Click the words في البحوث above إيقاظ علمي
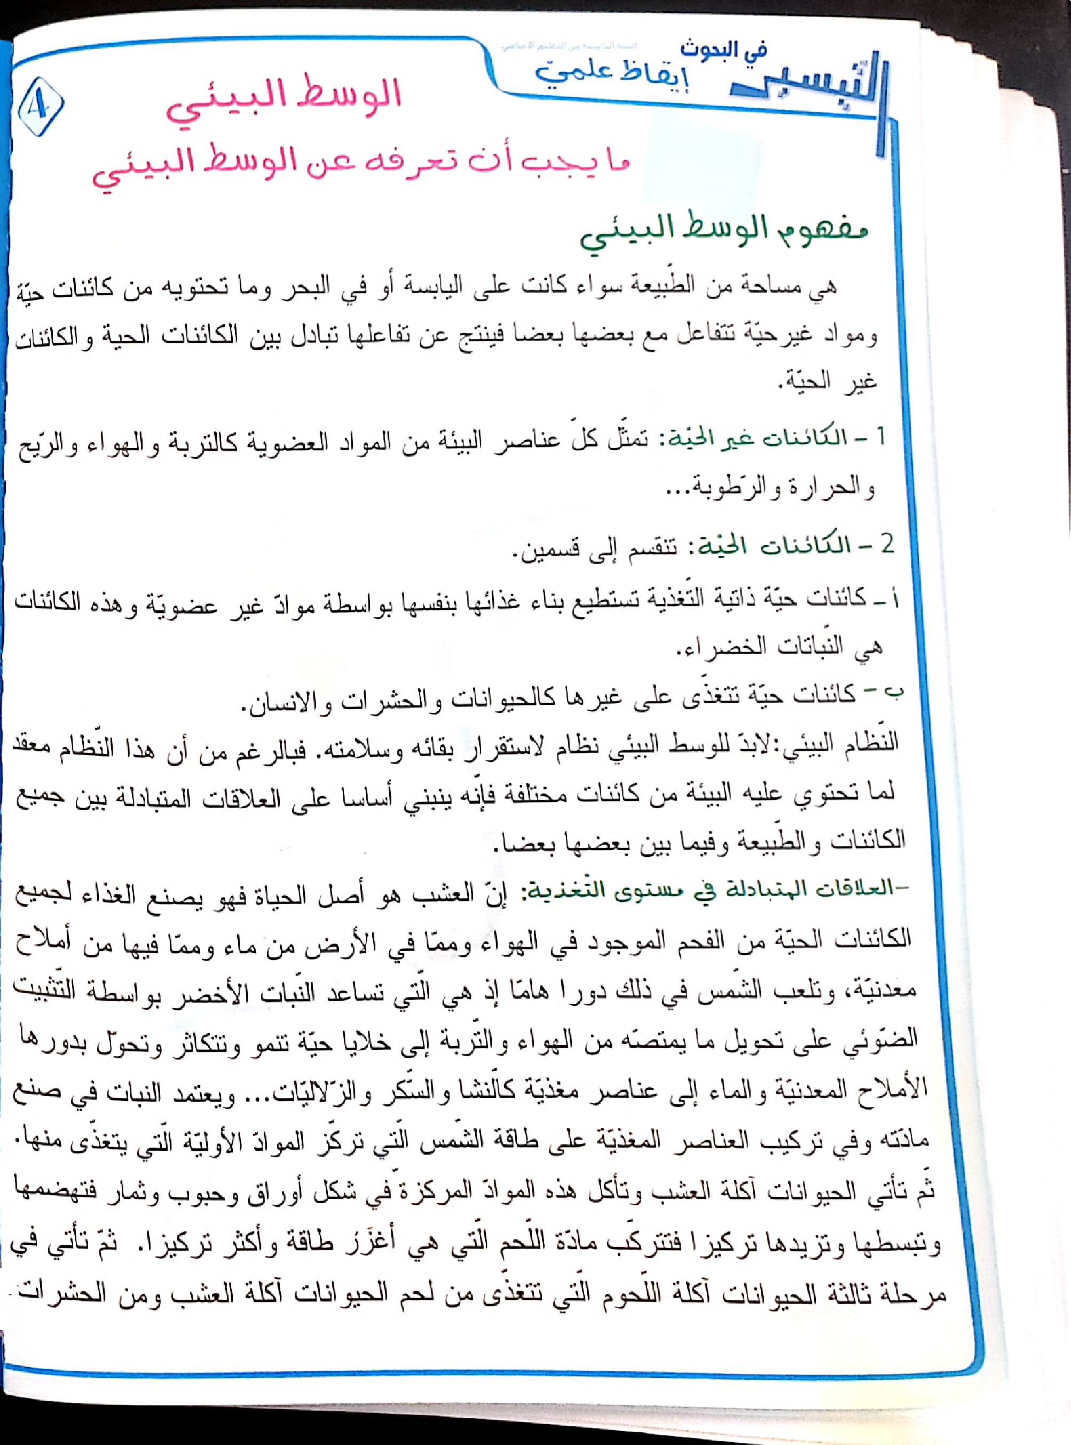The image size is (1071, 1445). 723,49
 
